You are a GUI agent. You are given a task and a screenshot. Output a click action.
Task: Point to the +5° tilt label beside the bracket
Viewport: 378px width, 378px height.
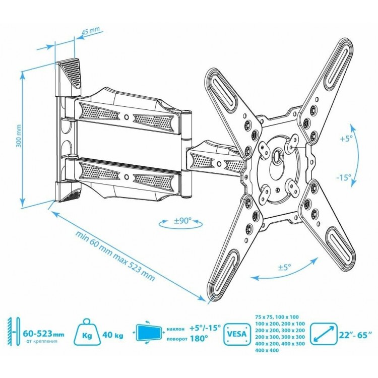click(x=346, y=139)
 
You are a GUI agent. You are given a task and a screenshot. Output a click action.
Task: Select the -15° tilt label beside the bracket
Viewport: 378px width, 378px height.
click(x=343, y=178)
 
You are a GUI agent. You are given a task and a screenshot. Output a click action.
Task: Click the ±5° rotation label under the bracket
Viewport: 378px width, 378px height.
click(x=285, y=267)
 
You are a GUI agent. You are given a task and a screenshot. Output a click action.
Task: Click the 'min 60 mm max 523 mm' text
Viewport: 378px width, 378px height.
click(x=115, y=256)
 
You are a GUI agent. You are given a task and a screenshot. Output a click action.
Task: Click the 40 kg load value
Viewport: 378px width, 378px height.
click(x=113, y=335)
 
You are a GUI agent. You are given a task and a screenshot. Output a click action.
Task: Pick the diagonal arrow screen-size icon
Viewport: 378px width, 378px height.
click(x=324, y=334)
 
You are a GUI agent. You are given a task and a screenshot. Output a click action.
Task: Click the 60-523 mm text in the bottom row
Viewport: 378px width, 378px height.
click(x=44, y=334)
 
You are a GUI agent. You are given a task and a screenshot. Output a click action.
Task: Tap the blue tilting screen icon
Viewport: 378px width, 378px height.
click(x=149, y=332)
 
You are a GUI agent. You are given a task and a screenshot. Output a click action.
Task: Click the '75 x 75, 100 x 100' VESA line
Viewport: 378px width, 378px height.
click(x=277, y=317)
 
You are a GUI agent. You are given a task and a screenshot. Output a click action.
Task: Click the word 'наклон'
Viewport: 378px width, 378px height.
click(x=175, y=329)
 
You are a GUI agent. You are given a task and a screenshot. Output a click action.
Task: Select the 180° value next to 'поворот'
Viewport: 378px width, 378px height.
click(x=199, y=339)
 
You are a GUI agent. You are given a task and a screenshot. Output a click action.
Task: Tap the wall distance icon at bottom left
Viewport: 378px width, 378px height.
click(x=14, y=331)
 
